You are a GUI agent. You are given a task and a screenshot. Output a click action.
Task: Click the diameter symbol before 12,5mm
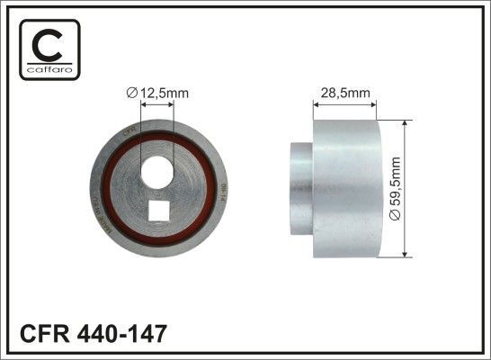tap(131, 90)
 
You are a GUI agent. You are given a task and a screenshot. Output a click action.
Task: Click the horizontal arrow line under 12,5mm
tap(157, 103)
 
